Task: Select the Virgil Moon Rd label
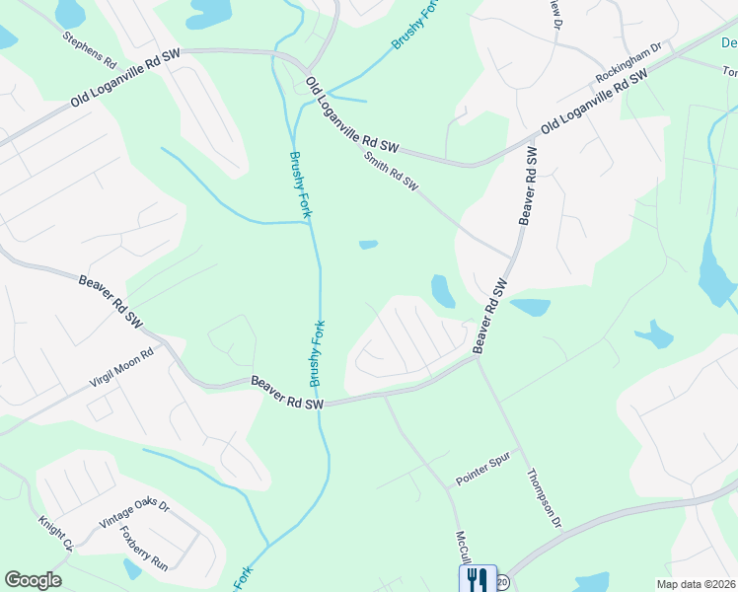pos(123,367)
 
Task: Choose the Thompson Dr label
pos(544,497)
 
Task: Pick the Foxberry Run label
pos(144,546)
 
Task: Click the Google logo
pos(33,580)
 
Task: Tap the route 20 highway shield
pos(502,581)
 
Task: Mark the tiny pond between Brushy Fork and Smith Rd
pos(368,245)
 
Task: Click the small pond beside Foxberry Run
pos(132,569)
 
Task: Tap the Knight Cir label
pos(56,533)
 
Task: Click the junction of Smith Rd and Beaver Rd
pos(512,259)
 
